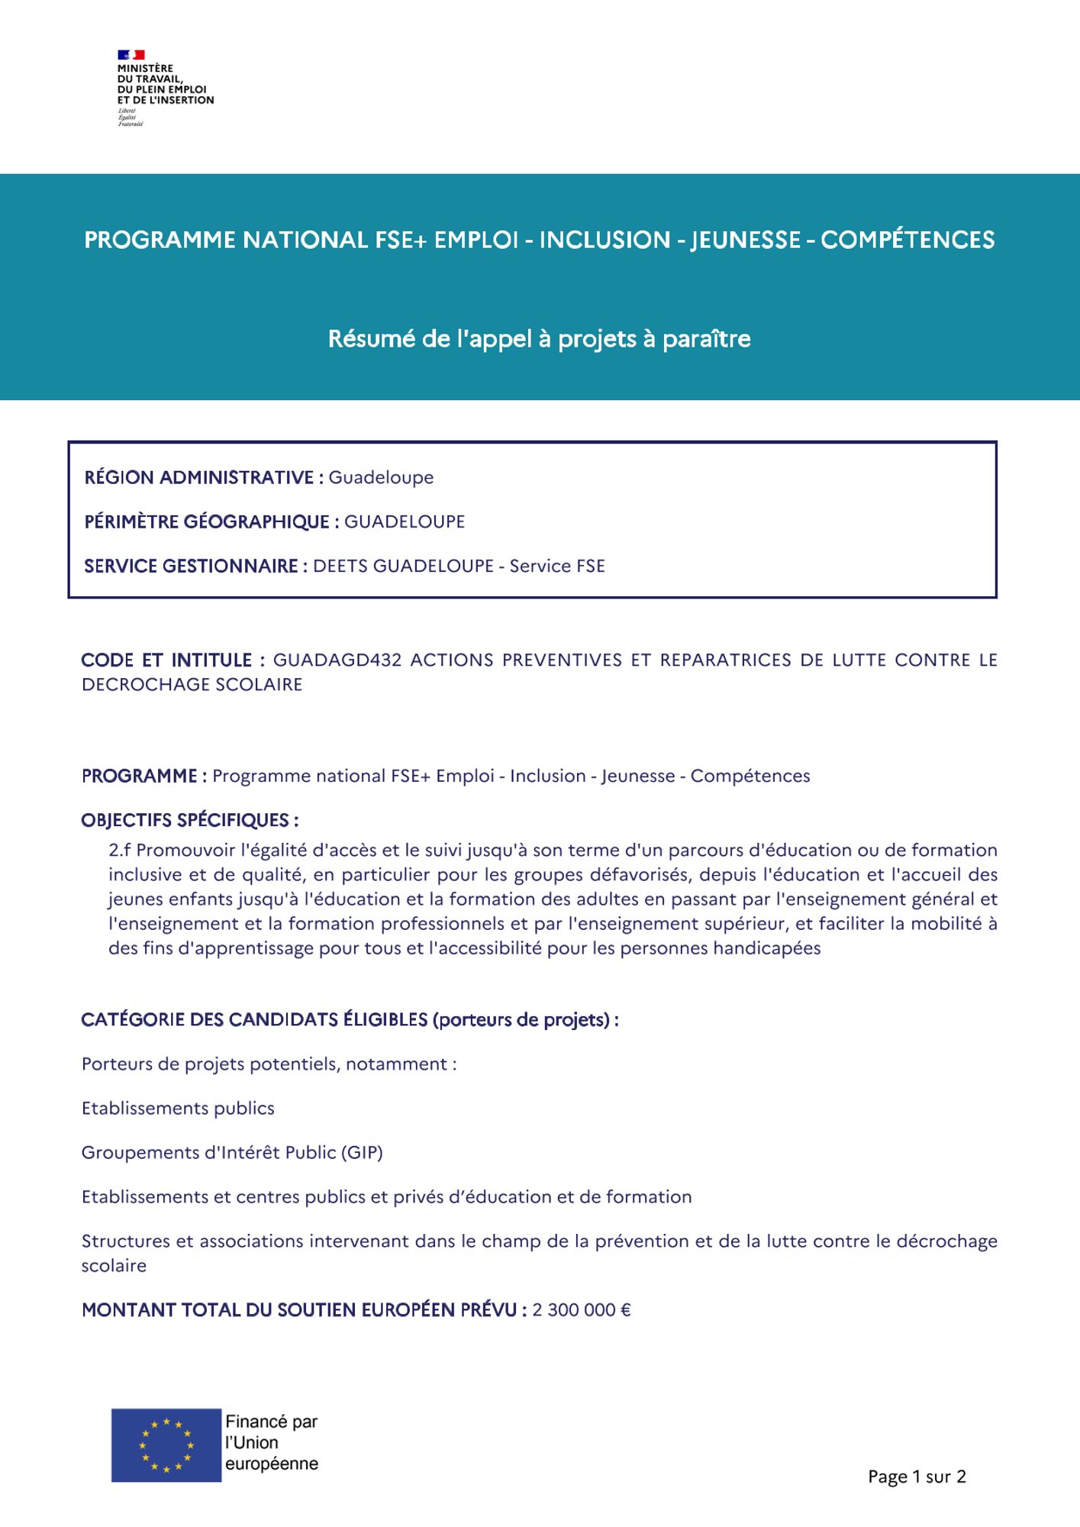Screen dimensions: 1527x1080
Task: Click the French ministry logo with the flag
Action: pos(164,87)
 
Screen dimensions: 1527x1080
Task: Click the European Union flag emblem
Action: pos(166,1445)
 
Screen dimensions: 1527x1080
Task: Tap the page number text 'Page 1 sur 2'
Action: pos(917,1477)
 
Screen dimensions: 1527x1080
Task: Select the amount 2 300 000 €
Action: pos(582,1310)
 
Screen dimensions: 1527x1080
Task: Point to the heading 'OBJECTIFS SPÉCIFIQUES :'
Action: pos(190,821)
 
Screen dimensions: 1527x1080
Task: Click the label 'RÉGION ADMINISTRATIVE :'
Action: pos(204,478)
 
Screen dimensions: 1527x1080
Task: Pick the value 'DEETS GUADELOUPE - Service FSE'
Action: pos(459,567)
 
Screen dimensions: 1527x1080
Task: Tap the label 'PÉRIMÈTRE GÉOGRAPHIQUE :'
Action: pos(211,522)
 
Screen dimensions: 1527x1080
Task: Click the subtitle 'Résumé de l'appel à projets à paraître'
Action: pos(540,339)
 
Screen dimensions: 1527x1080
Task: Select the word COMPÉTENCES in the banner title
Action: pos(908,241)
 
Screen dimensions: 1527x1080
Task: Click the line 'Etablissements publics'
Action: pos(178,1109)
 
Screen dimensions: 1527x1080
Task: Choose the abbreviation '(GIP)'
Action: pos(362,1153)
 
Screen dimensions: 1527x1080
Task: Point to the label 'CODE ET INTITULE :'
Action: pos(172,660)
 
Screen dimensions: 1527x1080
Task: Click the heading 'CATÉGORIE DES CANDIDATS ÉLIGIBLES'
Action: pos(256,1020)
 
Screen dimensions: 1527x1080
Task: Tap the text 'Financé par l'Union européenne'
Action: pos(271,1443)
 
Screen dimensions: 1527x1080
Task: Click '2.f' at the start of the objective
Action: pos(120,851)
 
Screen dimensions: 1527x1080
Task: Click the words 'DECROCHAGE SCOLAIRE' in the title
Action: pos(192,685)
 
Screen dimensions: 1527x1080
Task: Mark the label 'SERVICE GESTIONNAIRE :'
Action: pos(195,567)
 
